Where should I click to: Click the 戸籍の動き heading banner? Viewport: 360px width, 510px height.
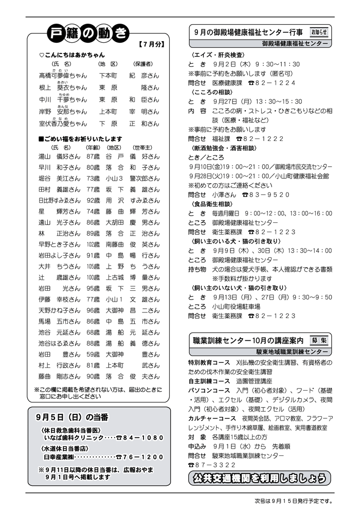[x=87, y=34]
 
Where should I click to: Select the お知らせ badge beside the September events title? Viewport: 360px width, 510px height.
[x=319, y=32]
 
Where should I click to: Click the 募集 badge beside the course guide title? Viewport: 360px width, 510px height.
[x=319, y=341]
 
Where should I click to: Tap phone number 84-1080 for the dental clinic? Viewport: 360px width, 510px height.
[x=143, y=437]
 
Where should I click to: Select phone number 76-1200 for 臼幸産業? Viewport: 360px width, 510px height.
[x=143, y=456]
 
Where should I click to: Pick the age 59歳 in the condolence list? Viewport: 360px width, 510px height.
[x=93, y=354]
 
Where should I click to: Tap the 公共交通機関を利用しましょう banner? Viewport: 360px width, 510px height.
[x=258, y=479]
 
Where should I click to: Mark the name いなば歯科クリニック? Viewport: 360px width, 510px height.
[x=73, y=437]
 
